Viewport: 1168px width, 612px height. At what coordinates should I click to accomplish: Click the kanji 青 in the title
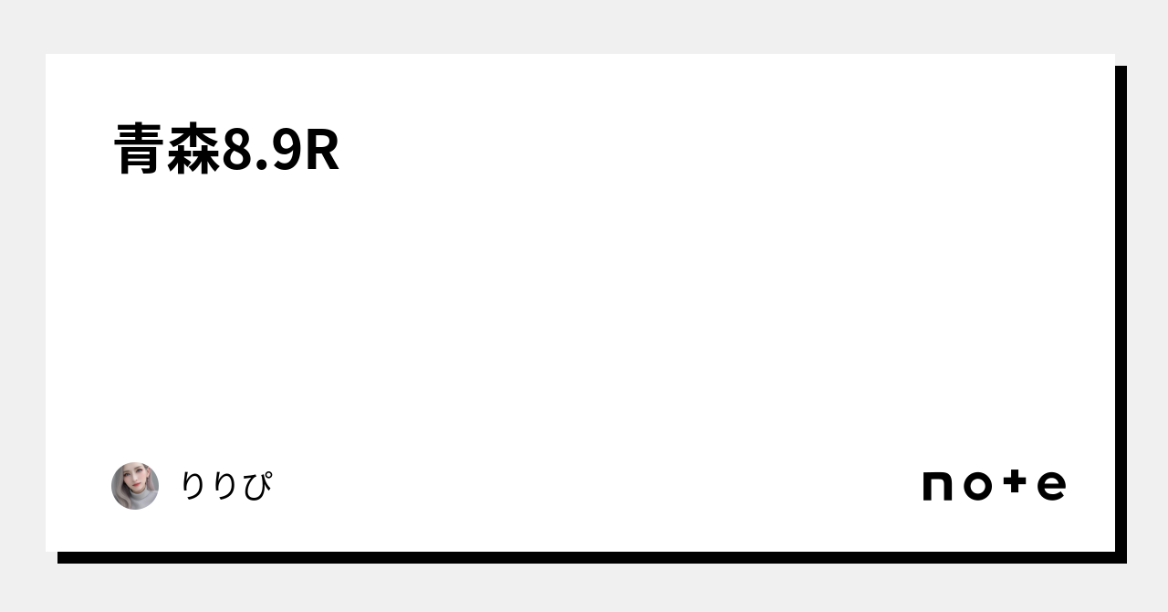[x=141, y=150]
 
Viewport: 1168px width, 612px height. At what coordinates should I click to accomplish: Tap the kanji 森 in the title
[x=194, y=150]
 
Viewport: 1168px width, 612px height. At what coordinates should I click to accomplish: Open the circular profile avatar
[x=135, y=486]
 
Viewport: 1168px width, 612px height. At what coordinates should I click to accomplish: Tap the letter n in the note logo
[x=937, y=486]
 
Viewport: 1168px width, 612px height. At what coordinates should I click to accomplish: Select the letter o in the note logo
[x=977, y=486]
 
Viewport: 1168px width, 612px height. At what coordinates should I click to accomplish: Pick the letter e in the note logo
[x=1051, y=486]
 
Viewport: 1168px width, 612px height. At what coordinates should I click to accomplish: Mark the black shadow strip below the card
[x=584, y=557]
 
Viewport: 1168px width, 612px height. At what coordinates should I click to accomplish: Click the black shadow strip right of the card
[x=1121, y=311]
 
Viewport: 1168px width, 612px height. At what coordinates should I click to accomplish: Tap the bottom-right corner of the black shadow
[x=1122, y=559]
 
